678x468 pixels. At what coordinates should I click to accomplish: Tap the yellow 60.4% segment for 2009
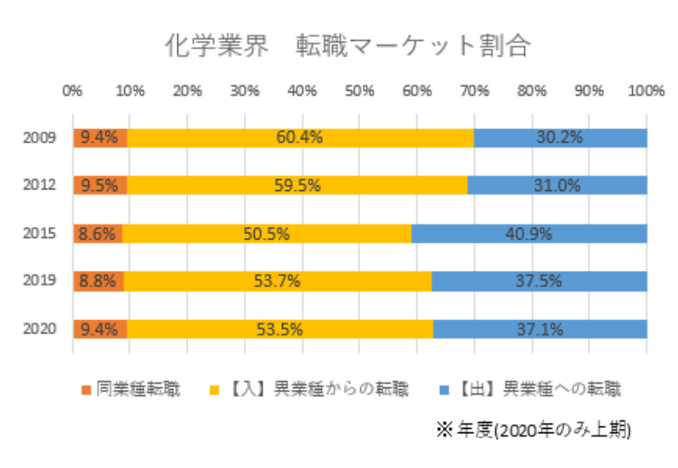299,138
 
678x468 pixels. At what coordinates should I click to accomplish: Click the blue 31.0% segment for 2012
557,185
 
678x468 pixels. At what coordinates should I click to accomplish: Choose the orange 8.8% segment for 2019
99,280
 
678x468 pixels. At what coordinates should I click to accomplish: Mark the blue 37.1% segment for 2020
540,329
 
